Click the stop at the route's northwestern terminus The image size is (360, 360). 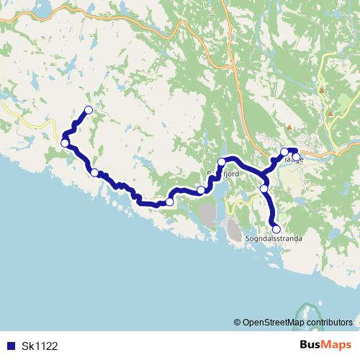[x=89, y=110]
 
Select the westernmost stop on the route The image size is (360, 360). [x=65, y=143]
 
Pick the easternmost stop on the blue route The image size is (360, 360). [x=296, y=156]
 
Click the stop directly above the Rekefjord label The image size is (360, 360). [x=222, y=162]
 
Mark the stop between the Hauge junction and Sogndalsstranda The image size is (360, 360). [x=264, y=189]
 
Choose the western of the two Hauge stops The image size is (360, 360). [x=284, y=152]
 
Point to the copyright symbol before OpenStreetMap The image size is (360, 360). [x=238, y=322]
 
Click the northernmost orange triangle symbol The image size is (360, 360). [x=322, y=90]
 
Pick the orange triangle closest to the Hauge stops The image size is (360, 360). [x=289, y=127]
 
